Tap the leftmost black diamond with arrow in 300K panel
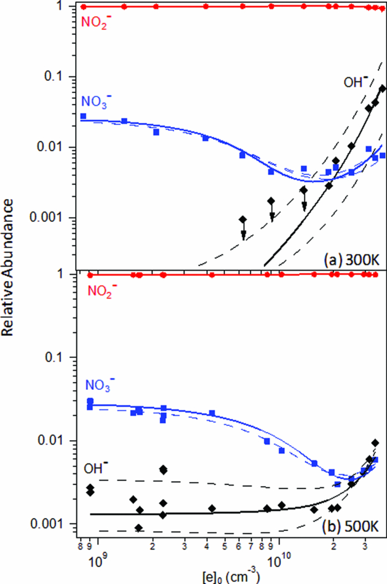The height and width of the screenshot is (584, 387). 243,220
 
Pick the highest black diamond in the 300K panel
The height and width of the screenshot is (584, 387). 382,88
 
